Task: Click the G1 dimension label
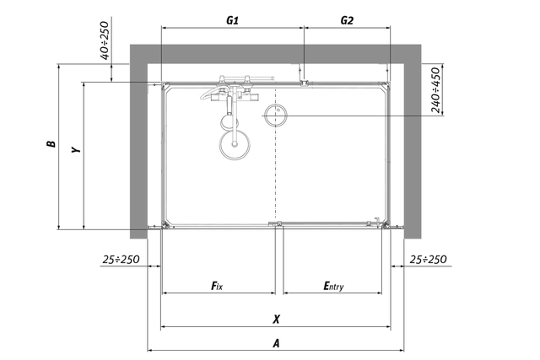click(233, 20)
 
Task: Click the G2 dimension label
click(347, 20)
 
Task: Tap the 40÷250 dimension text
click(105, 40)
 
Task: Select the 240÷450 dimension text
click(435, 90)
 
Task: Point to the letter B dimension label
click(51, 143)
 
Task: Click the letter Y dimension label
click(76, 149)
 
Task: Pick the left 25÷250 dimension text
click(121, 259)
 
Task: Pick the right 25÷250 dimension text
click(428, 259)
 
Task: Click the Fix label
click(217, 285)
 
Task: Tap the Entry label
click(333, 286)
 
